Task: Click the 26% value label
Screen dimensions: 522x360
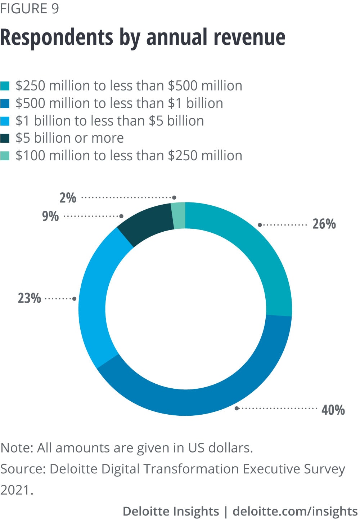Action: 324,224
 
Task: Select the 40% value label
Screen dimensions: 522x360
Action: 333,410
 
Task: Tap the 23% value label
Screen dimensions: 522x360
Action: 30,298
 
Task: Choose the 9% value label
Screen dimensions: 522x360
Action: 50,216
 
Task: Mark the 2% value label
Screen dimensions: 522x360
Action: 68,198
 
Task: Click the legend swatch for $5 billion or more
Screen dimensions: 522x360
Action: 5,138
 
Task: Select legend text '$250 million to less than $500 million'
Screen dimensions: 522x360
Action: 129,86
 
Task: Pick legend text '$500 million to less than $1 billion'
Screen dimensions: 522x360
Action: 119,103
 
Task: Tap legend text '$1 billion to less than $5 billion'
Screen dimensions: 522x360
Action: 109,121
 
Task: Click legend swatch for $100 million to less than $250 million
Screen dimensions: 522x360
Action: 5,156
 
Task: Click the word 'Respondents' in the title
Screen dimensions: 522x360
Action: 57,37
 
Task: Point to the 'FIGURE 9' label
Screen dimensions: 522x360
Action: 30,8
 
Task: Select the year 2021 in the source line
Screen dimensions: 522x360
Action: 15,490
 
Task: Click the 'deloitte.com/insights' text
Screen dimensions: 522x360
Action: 295,511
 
